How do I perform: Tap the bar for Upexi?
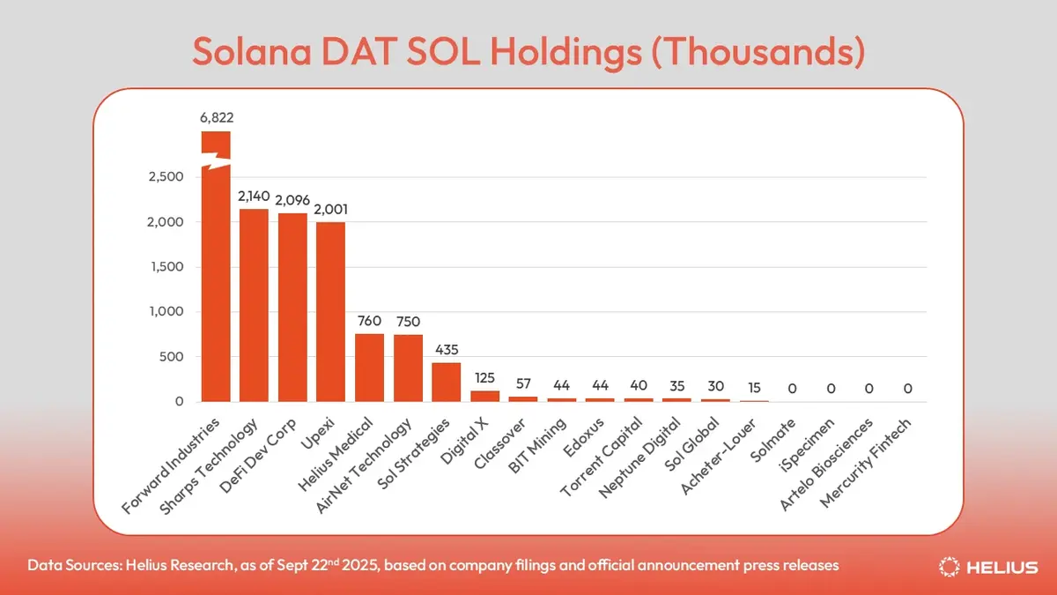(330, 312)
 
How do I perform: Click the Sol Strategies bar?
(446, 383)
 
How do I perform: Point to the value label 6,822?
(216, 116)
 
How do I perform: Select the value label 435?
(446, 349)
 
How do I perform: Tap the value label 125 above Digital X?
(484, 377)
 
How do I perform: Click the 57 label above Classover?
(523, 383)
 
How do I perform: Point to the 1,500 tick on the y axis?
(166, 267)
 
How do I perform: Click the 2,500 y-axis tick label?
(166, 177)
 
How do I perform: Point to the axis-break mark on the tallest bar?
(216, 160)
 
